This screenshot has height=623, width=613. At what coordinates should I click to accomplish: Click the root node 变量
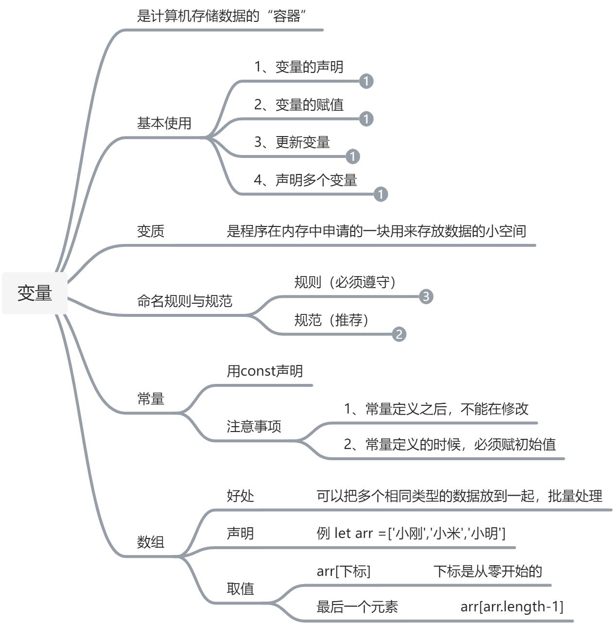coord(34,293)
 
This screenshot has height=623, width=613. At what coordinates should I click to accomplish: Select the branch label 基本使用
coord(164,123)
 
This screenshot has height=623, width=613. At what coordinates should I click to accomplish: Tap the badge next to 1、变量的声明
coord(366,81)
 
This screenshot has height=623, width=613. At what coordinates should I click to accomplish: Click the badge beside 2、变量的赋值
coord(366,119)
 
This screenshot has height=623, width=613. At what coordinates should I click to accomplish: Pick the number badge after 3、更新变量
coord(353,156)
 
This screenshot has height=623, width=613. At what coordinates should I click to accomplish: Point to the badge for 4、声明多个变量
coord(381,194)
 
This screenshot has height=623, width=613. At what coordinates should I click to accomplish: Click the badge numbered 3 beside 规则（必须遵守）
coord(426,296)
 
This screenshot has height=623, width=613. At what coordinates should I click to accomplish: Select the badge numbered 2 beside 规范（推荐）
coord(399,334)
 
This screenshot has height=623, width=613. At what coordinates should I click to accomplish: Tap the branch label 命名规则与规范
coord(185,301)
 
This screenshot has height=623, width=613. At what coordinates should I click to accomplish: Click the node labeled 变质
coord(151,231)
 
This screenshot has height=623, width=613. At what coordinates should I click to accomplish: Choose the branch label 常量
coord(151,399)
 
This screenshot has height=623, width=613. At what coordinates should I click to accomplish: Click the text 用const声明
coord(265,371)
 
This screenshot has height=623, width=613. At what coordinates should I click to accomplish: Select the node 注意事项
coord(254,427)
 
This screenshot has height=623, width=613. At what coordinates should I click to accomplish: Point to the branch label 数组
coord(151,542)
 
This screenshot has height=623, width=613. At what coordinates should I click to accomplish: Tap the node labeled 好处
coord(240,496)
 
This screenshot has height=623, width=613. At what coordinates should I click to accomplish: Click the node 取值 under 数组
coord(240,589)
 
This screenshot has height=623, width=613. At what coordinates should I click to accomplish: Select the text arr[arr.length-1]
coord(512,606)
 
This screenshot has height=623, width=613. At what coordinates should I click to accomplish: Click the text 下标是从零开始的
coord(488,571)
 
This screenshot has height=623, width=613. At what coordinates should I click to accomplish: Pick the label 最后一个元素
coord(357,607)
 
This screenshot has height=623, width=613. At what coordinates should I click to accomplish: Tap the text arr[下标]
coord(343,571)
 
